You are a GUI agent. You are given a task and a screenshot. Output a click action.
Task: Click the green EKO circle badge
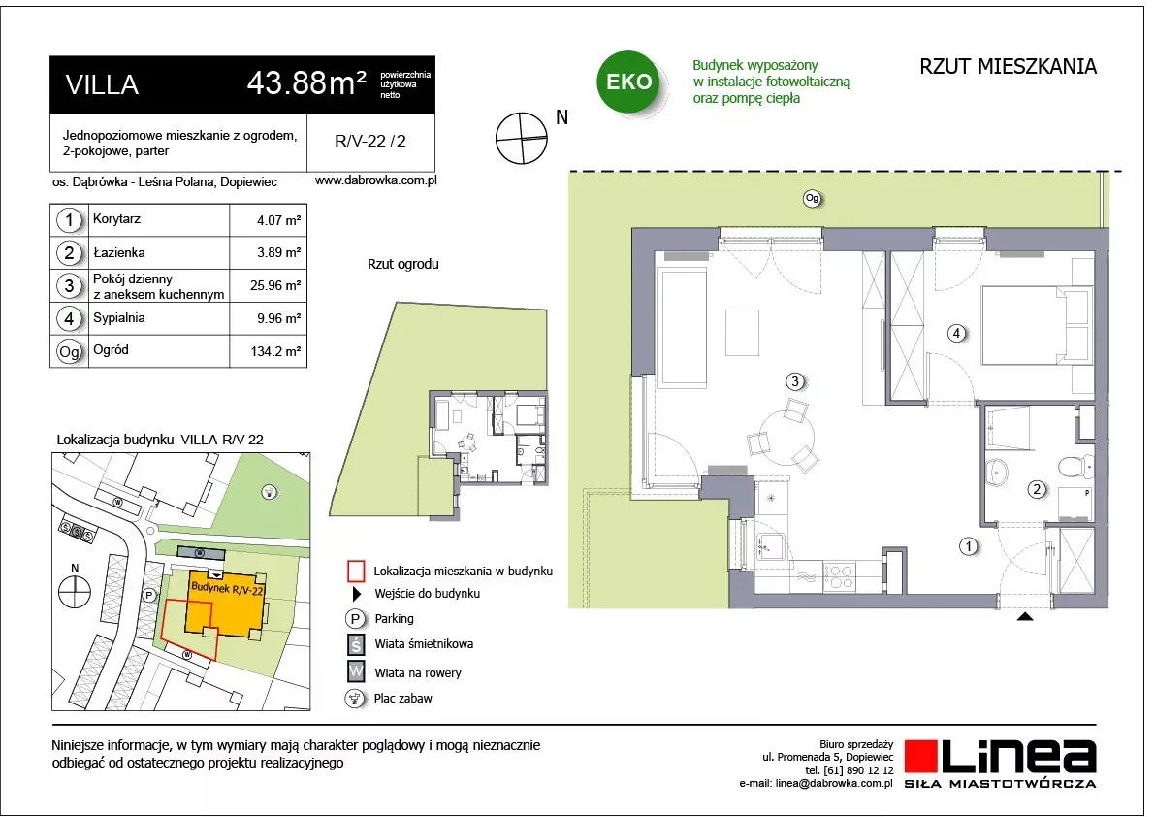pyautogui.click(x=628, y=82)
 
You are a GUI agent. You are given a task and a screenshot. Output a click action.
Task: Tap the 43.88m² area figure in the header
pyautogui.click(x=306, y=82)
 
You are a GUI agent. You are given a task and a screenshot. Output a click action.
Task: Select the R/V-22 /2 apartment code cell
pyautogui.click(x=370, y=142)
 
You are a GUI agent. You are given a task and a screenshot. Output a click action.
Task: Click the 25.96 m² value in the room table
pyautogui.click(x=275, y=285)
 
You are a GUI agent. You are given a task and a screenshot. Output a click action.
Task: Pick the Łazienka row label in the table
pyautogui.click(x=119, y=252)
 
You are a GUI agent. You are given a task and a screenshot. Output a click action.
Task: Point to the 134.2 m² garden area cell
pyautogui.click(x=275, y=351)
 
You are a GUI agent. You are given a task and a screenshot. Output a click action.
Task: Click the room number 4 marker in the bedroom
pyautogui.click(x=956, y=333)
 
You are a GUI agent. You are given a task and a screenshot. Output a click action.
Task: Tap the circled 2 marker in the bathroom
pyautogui.click(x=1037, y=488)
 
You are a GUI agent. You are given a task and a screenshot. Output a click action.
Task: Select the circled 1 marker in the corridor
pyautogui.click(x=969, y=546)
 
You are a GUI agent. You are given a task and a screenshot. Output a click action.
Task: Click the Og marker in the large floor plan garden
pyautogui.click(x=812, y=198)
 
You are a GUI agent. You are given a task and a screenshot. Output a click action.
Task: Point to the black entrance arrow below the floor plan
pyautogui.click(x=1025, y=616)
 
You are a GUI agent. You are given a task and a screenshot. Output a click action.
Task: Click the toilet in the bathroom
pyautogui.click(x=1075, y=466)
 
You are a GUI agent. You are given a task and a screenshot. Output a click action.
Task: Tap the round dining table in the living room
pyautogui.click(x=787, y=436)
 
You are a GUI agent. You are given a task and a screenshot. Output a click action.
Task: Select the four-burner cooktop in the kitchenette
pyautogui.click(x=838, y=576)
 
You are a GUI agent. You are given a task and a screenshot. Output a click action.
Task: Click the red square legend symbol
pyautogui.click(x=356, y=571)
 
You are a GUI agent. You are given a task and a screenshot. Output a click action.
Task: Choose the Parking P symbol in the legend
pyautogui.click(x=355, y=619)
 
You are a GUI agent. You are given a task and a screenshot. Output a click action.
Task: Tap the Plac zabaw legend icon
pyautogui.click(x=355, y=699)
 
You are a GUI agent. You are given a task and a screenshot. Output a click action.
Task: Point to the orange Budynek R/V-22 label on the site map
pyautogui.click(x=227, y=589)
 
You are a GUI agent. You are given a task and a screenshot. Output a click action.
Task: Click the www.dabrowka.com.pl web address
pyautogui.click(x=375, y=180)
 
